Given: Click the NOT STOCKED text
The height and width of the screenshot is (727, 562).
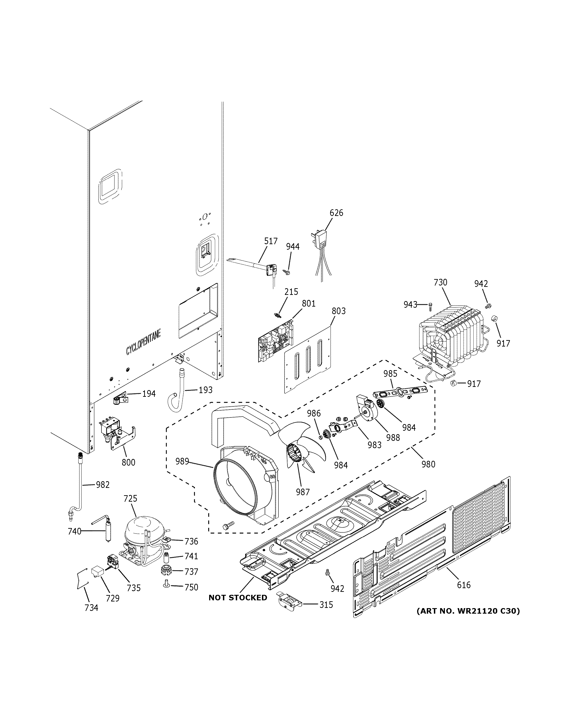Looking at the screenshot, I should pos(238,598).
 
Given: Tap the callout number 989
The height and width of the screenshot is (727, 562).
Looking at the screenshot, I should pos(182,461).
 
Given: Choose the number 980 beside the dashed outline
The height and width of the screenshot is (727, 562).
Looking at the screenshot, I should pos(428,464).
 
